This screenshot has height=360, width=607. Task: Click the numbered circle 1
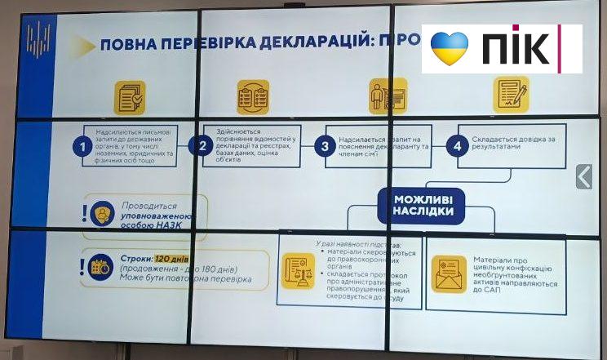[x=80, y=147]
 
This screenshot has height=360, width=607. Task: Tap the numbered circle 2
[x=200, y=146]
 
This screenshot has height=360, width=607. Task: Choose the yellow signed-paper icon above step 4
[x=511, y=94]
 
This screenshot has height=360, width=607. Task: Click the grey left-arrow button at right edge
[x=583, y=176]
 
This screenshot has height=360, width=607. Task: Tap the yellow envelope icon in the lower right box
[x=449, y=273]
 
